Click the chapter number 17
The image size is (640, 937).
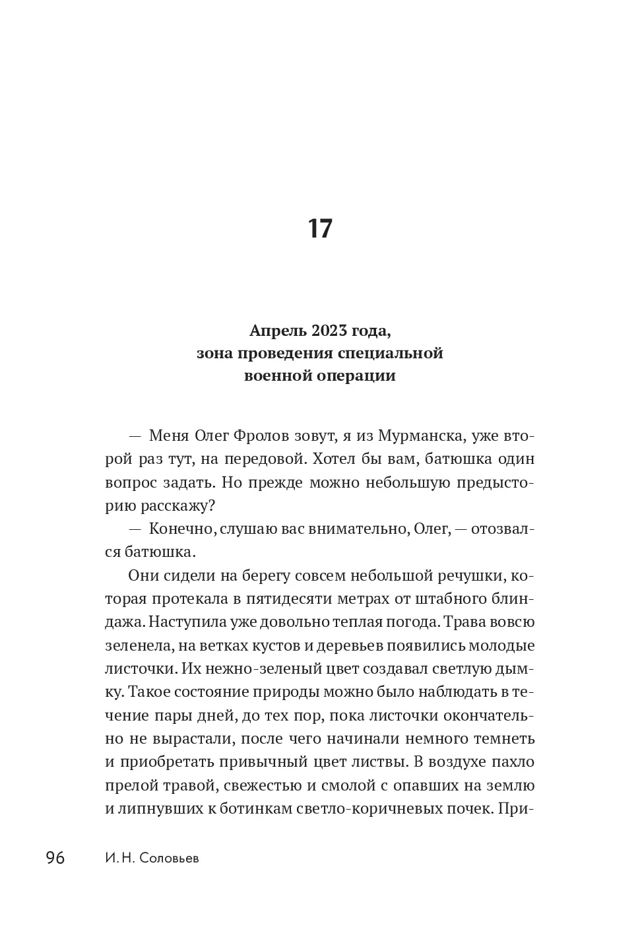tap(320, 229)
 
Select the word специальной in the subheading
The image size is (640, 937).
tap(390, 353)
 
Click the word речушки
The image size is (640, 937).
tap(471, 575)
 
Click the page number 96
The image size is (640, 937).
tap(55, 858)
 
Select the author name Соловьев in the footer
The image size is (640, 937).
tap(168, 859)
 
